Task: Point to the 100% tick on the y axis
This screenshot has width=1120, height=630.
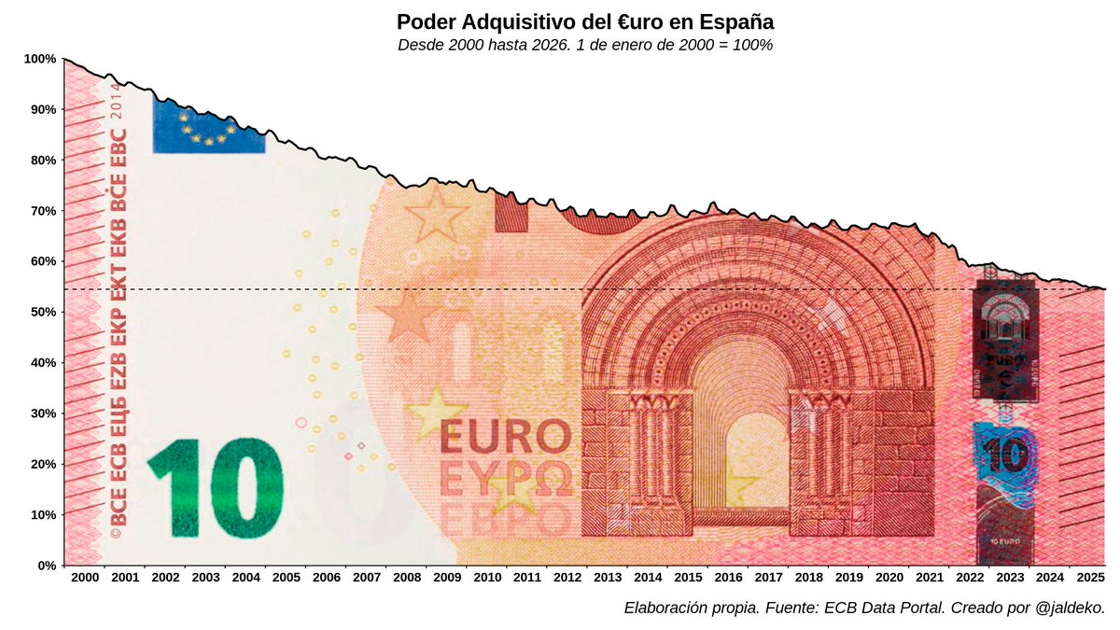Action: pos(40,59)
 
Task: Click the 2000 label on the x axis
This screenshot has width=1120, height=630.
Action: pos(84,579)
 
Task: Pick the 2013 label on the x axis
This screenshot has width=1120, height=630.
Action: pos(607,579)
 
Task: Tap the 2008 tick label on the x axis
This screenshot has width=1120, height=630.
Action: pos(406,579)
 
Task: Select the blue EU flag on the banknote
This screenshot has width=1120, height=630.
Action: pos(208,127)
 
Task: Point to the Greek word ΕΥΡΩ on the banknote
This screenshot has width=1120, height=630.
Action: pos(505,481)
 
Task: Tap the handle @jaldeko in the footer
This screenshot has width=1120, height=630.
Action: pos(1070,609)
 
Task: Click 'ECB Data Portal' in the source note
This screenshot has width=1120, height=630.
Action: pos(877,609)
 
